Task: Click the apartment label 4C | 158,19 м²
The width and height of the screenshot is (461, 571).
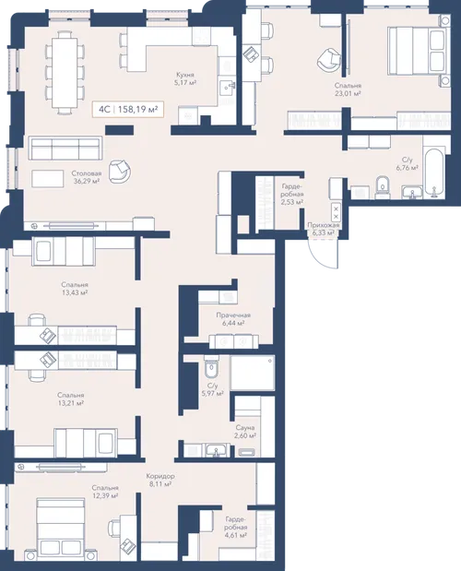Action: tap(128, 109)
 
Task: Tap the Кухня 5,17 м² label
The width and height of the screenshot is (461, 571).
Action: tap(186, 78)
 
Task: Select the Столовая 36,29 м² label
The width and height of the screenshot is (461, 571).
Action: tap(87, 177)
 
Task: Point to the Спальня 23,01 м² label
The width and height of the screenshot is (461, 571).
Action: tap(348, 89)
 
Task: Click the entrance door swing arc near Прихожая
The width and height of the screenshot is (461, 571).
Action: tap(318, 257)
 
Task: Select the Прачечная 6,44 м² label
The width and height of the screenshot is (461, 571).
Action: tap(233, 319)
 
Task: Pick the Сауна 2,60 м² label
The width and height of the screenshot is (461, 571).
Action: tap(245, 432)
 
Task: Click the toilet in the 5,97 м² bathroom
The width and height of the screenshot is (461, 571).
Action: tap(211, 367)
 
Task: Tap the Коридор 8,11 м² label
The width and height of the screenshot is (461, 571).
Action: tap(160, 480)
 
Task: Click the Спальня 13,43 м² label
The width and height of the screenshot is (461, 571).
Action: tap(75, 289)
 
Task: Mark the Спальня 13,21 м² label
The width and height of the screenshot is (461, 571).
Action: tap(71, 399)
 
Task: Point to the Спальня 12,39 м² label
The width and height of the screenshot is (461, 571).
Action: tap(105, 492)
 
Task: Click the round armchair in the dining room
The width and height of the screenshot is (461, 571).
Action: tap(120, 171)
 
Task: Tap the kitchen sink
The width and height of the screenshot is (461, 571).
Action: tap(228, 87)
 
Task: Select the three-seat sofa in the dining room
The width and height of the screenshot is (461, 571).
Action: tap(65, 148)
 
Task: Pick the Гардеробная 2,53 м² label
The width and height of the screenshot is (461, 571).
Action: tap(292, 194)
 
